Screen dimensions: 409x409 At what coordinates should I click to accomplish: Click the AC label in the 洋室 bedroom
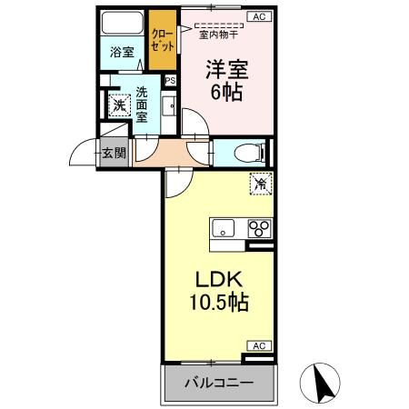click(x=258, y=16)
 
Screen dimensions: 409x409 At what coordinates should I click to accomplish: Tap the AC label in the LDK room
click(x=259, y=345)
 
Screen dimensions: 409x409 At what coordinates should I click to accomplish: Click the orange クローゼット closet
click(x=164, y=38)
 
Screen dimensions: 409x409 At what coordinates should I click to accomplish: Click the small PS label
click(x=170, y=80)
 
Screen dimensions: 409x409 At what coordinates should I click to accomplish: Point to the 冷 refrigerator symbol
click(x=260, y=185)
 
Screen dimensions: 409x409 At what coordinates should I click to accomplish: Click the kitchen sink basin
click(x=224, y=227)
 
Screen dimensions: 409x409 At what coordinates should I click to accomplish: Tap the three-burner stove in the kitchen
click(x=260, y=227)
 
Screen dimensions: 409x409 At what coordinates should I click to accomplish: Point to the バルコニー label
click(x=217, y=381)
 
